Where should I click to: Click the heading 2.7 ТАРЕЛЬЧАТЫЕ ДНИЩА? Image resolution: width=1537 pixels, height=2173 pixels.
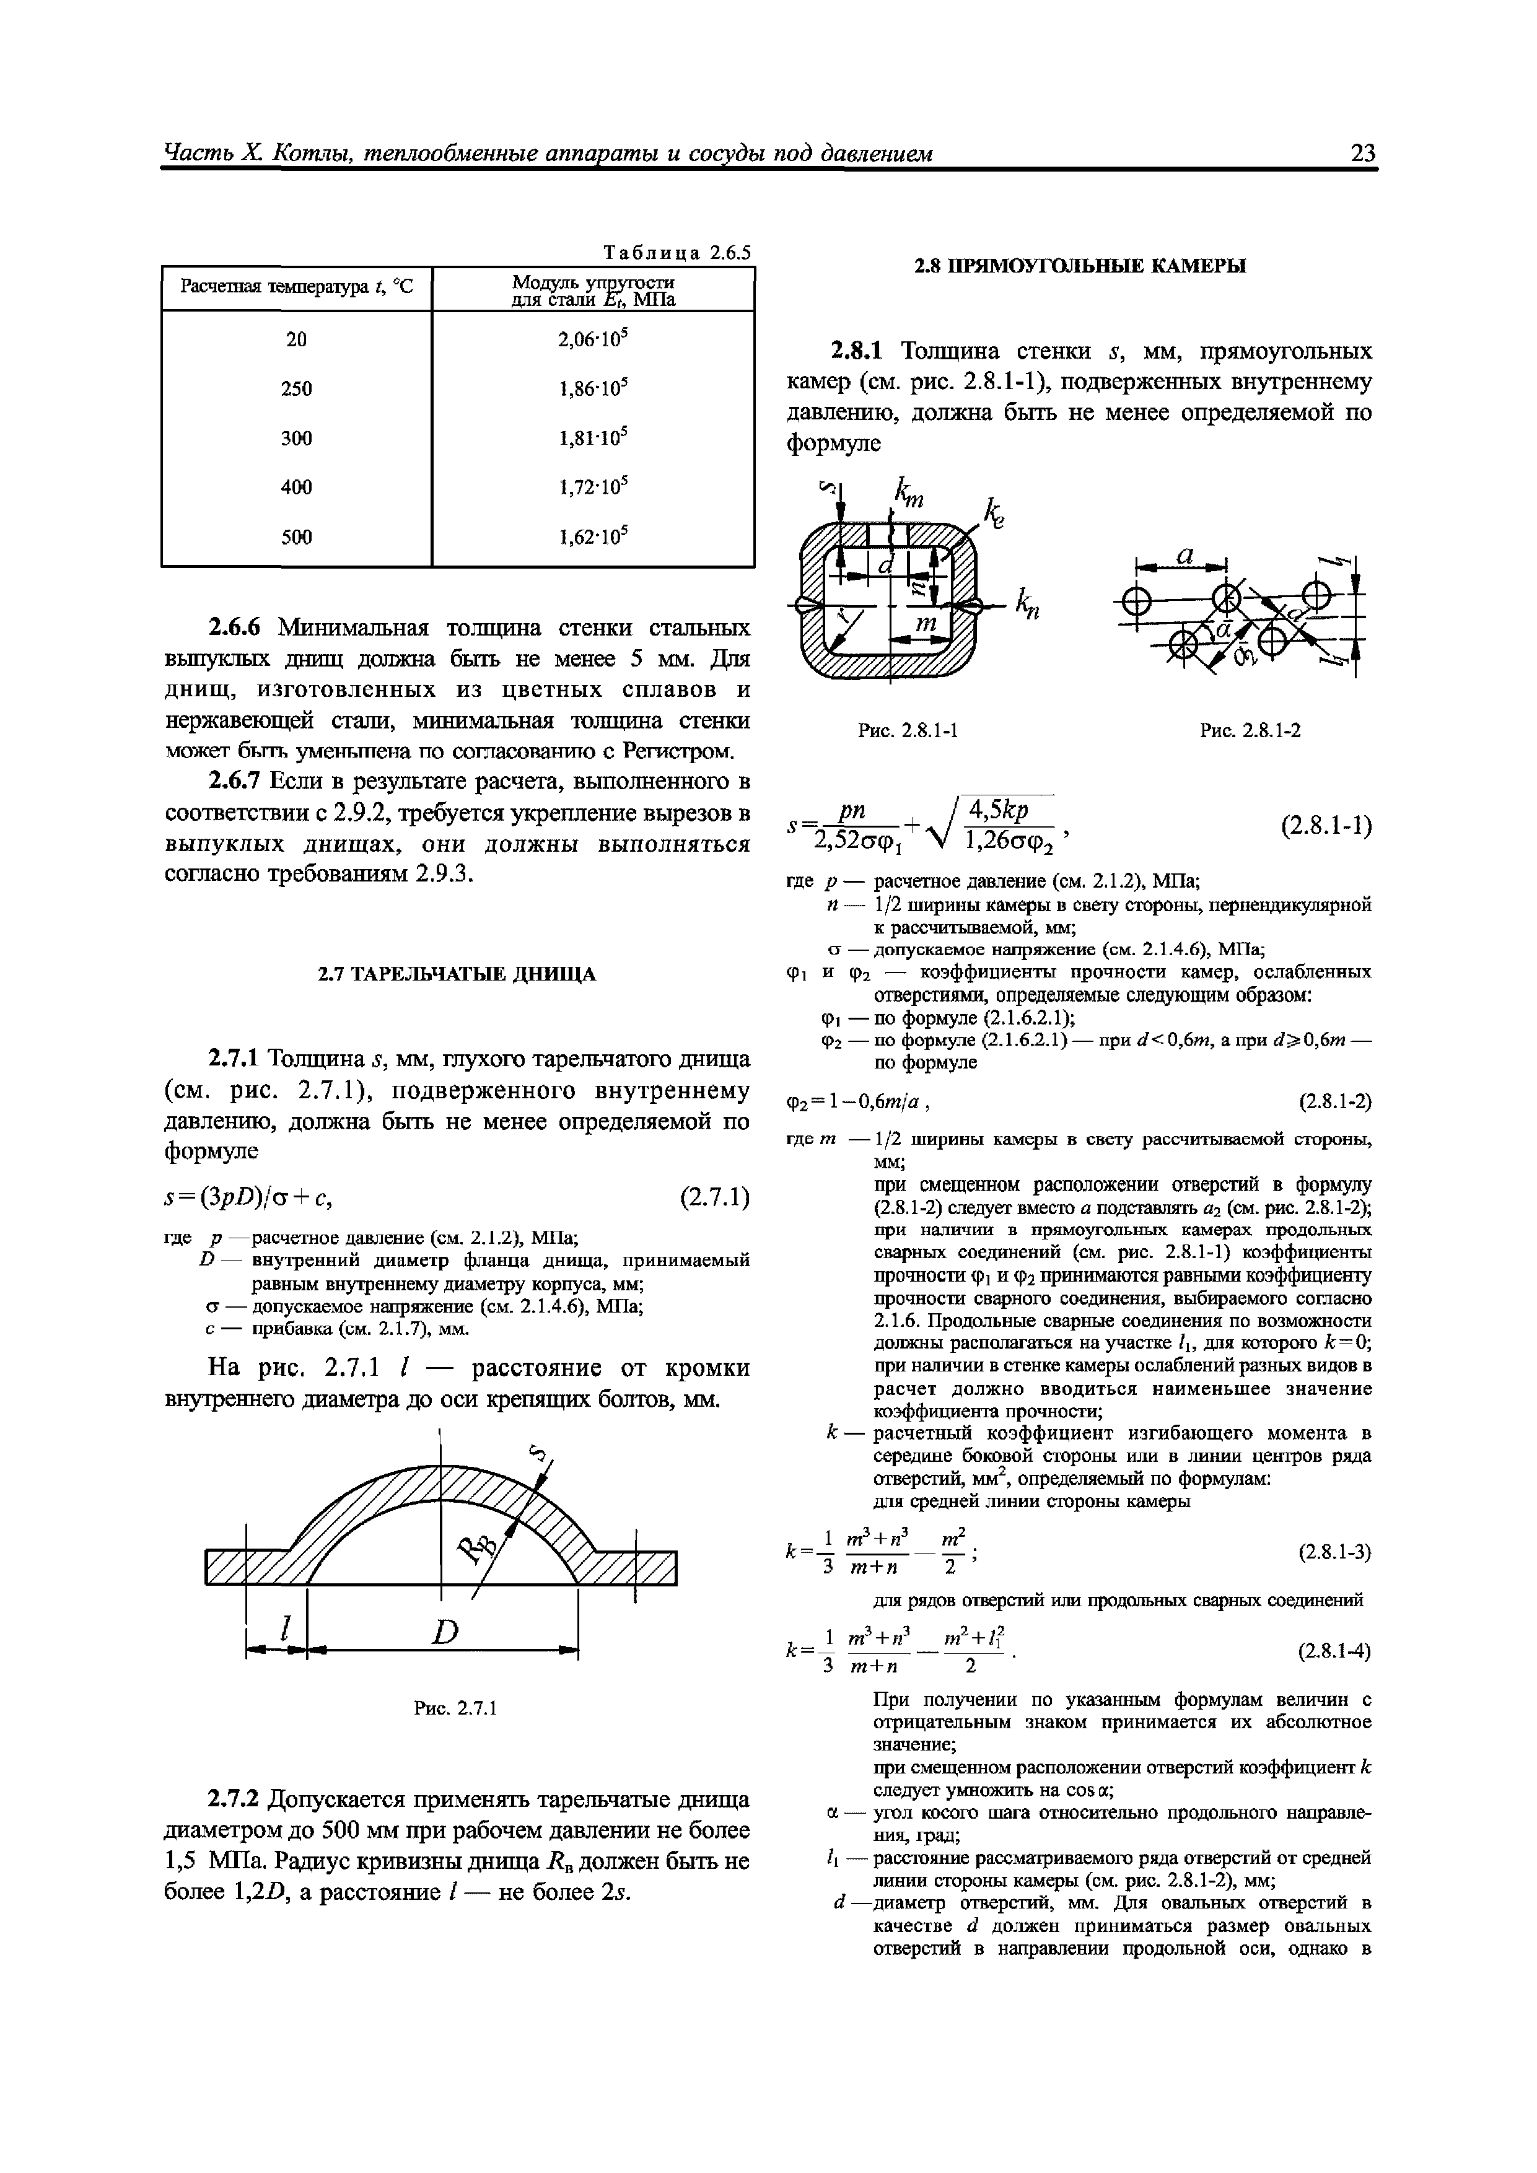456,974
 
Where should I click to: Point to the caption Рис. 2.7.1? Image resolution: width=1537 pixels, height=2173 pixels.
455,1708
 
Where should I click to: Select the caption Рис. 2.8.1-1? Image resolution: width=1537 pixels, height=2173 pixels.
909,731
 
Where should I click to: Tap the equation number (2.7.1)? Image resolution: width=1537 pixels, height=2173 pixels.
714,1198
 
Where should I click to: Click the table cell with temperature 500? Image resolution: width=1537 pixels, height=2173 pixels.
296,536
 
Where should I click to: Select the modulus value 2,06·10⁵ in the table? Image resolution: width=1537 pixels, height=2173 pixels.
593,339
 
